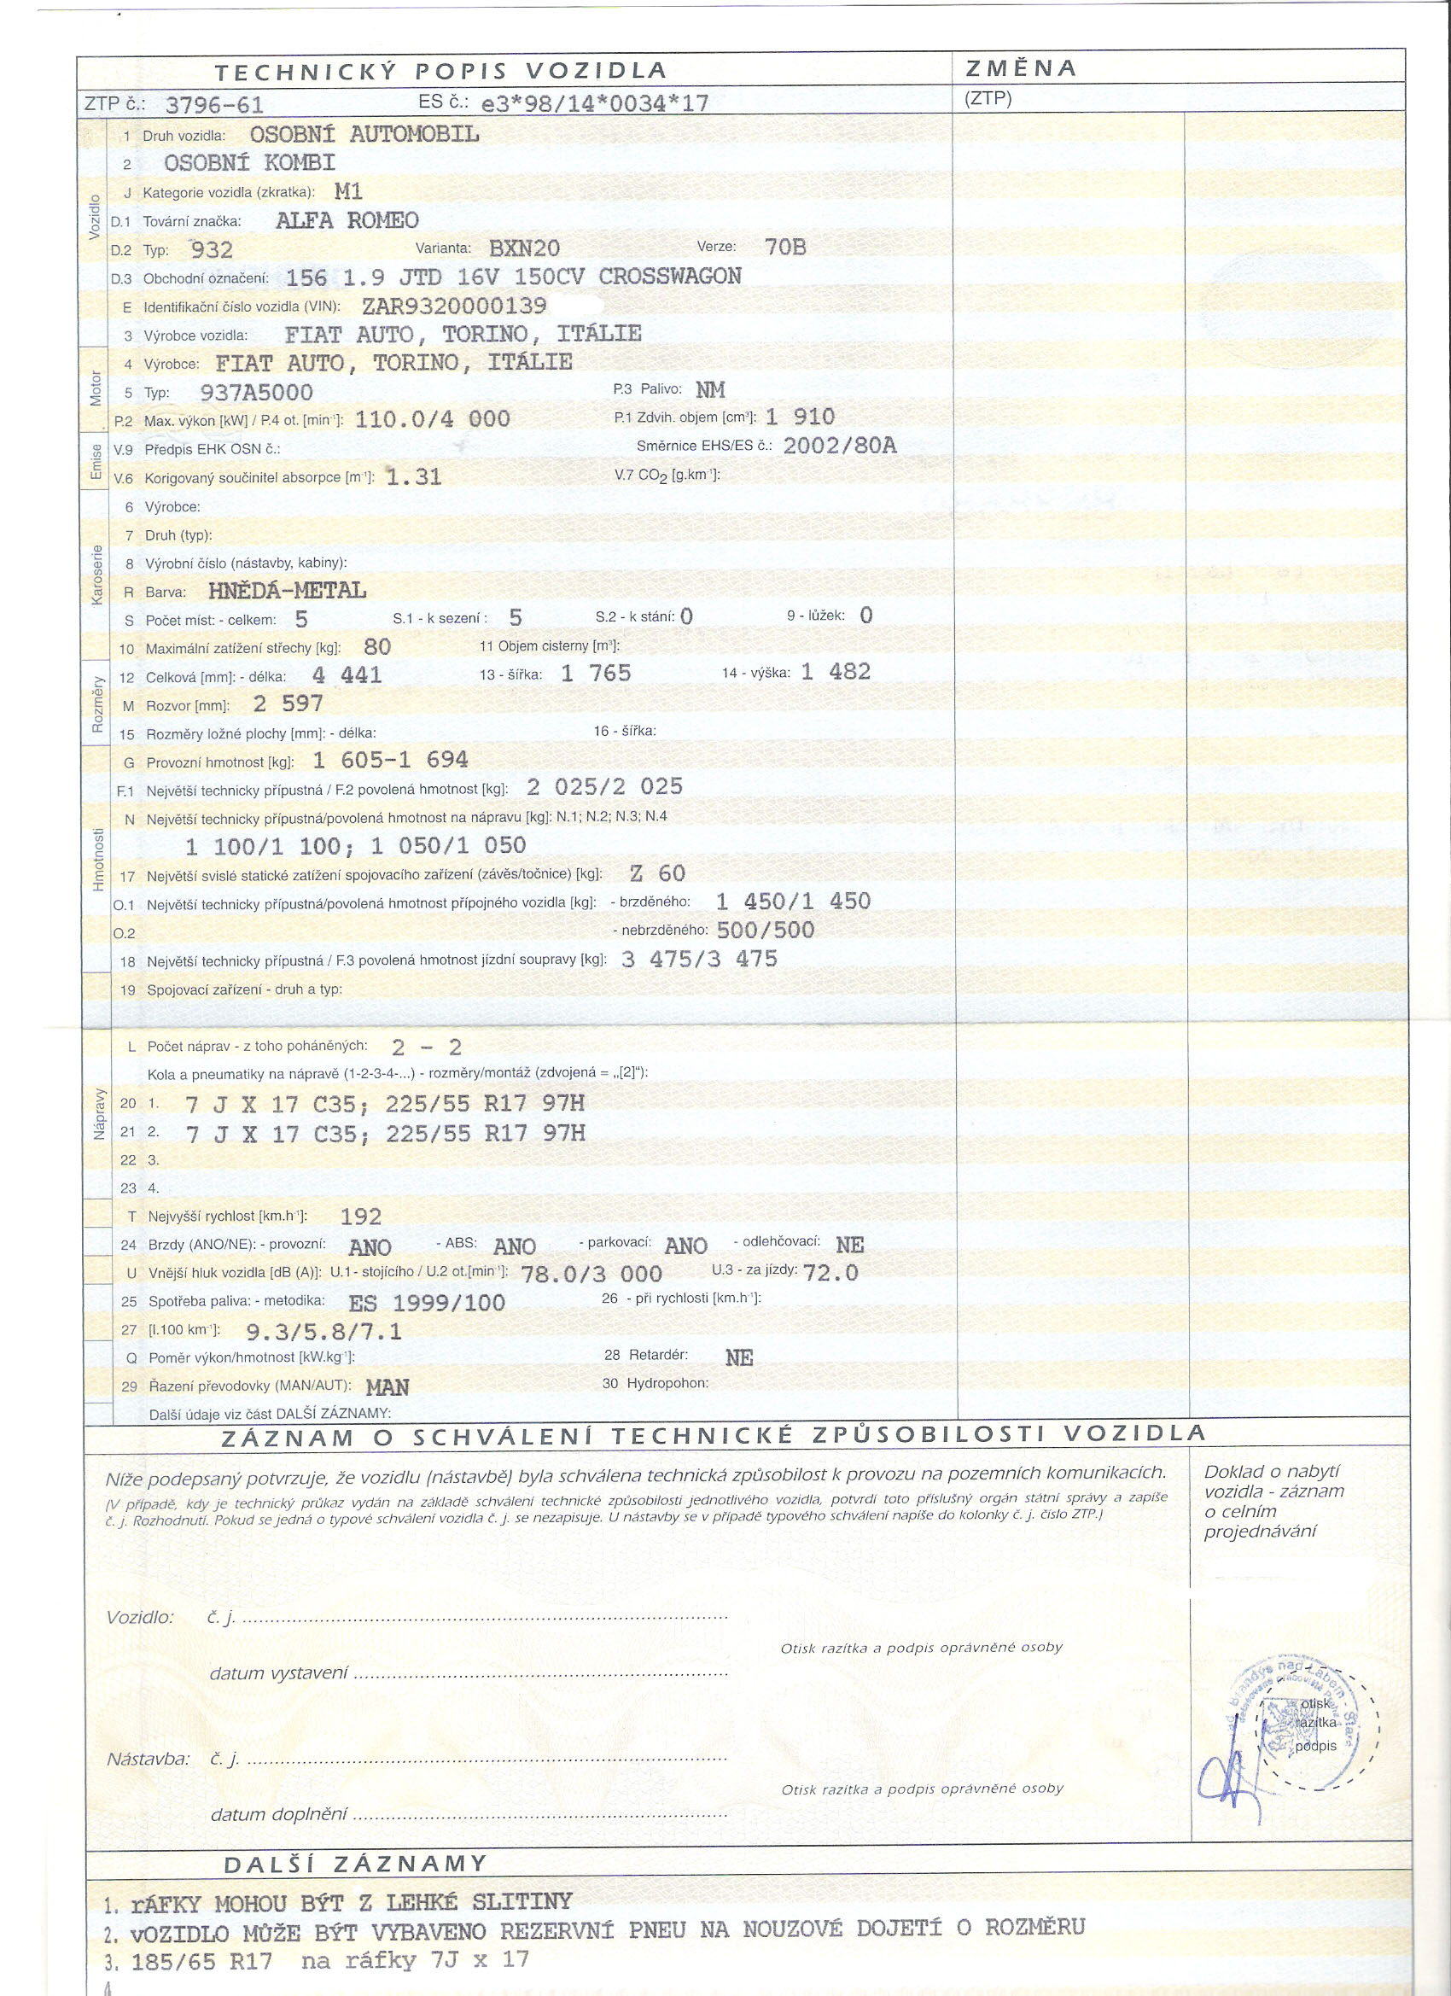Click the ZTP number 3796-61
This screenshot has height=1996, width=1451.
(x=214, y=106)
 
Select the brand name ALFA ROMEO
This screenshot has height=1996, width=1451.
(x=347, y=220)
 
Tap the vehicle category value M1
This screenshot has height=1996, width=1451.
(x=348, y=191)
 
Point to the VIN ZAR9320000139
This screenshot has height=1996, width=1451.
(x=454, y=306)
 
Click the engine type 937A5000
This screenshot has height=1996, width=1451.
(x=256, y=393)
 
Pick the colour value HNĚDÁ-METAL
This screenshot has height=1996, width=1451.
(x=287, y=591)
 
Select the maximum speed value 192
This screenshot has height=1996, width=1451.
(x=361, y=1217)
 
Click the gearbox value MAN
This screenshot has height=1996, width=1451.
(x=388, y=1387)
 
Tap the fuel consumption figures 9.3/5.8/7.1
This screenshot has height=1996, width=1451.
(x=323, y=1331)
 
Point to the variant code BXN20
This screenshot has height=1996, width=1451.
(x=524, y=248)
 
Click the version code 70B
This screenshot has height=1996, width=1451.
(x=785, y=248)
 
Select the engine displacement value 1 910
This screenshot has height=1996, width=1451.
(x=800, y=417)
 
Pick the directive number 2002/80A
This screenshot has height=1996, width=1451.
(x=840, y=446)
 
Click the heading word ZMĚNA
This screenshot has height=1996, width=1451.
(x=1021, y=68)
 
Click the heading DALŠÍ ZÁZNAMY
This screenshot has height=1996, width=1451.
(x=354, y=1865)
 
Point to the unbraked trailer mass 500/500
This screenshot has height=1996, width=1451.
(x=766, y=931)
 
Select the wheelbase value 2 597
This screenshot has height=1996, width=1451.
(x=288, y=704)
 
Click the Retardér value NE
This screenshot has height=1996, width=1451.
(x=739, y=1358)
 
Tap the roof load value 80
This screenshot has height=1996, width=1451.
(x=376, y=647)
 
